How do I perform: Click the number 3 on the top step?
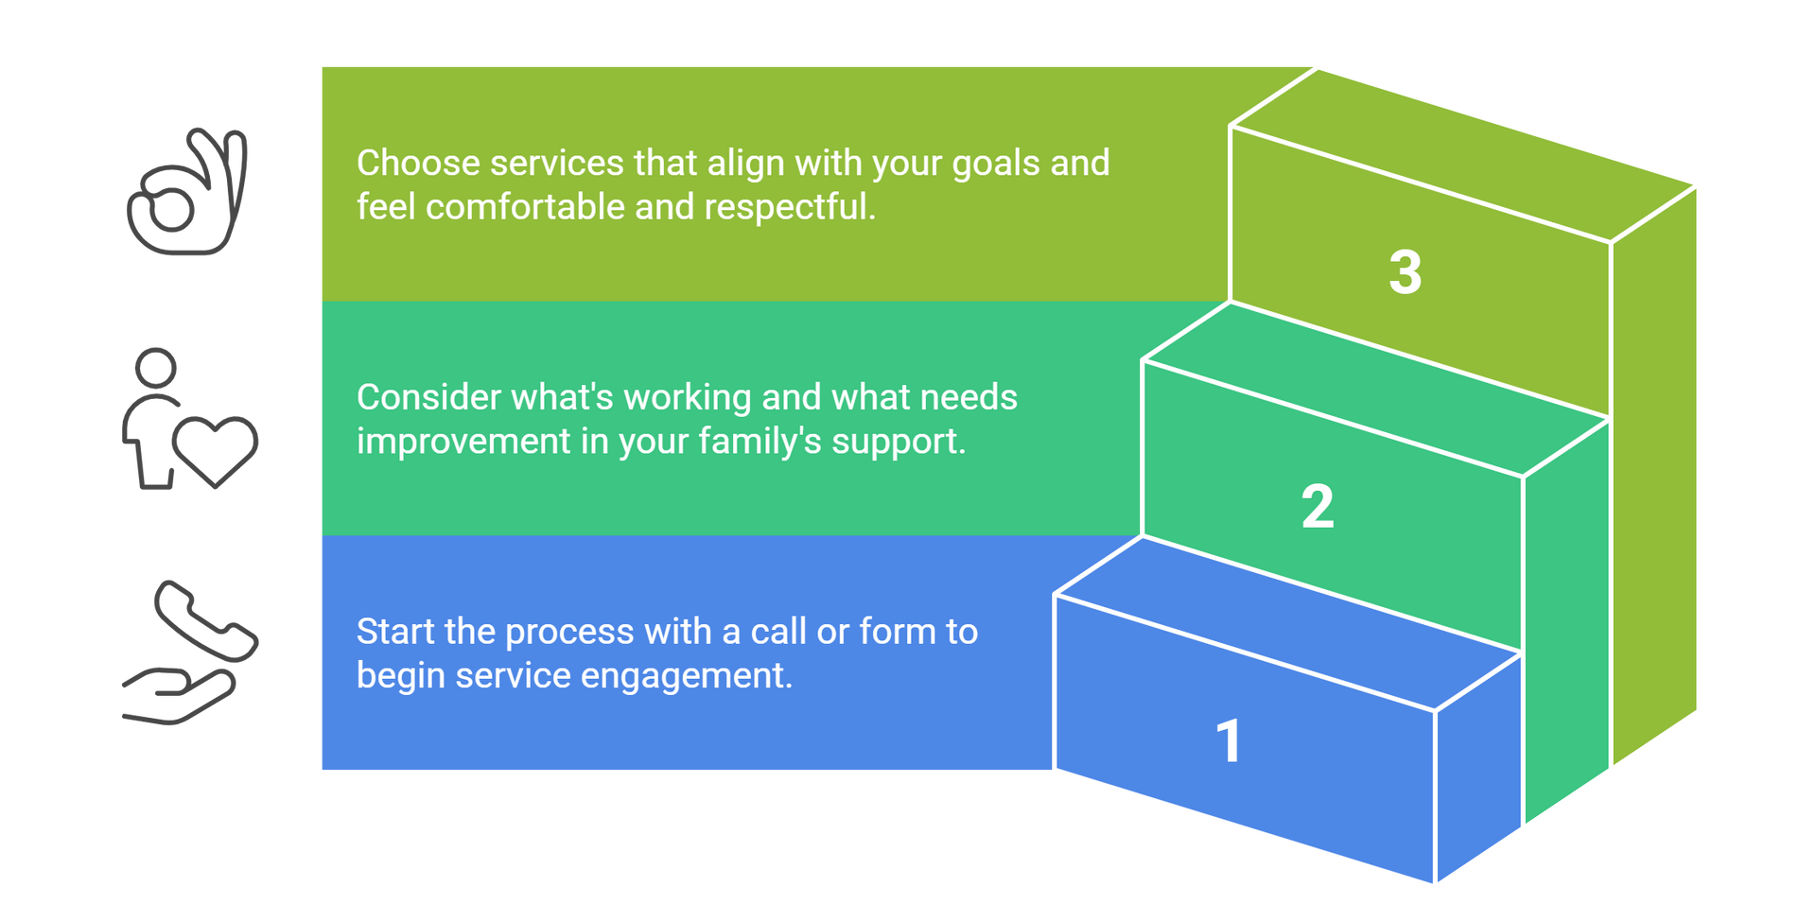click(x=1405, y=272)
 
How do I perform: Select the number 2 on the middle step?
click(x=1318, y=507)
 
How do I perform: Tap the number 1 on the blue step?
click(x=1229, y=740)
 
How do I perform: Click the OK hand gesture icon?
click(x=188, y=192)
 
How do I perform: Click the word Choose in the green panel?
click(x=418, y=164)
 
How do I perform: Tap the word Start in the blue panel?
click(x=395, y=632)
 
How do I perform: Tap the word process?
click(x=569, y=632)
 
